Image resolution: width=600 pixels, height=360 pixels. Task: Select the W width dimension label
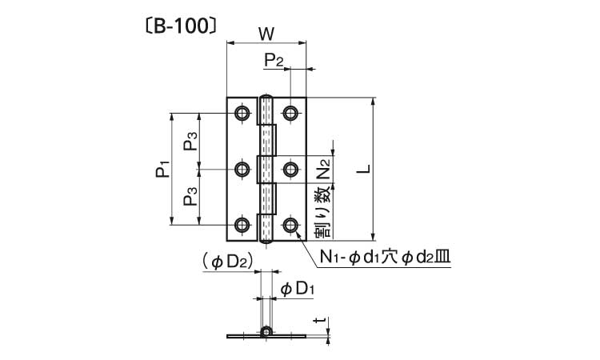point(267,33)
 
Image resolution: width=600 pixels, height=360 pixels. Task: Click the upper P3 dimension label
point(191,142)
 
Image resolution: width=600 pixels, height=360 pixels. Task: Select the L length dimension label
point(362,169)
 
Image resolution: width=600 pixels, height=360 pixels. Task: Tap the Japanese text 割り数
point(322,212)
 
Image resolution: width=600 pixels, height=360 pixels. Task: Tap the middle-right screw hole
point(290,169)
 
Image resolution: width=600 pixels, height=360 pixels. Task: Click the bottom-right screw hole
point(290,225)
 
